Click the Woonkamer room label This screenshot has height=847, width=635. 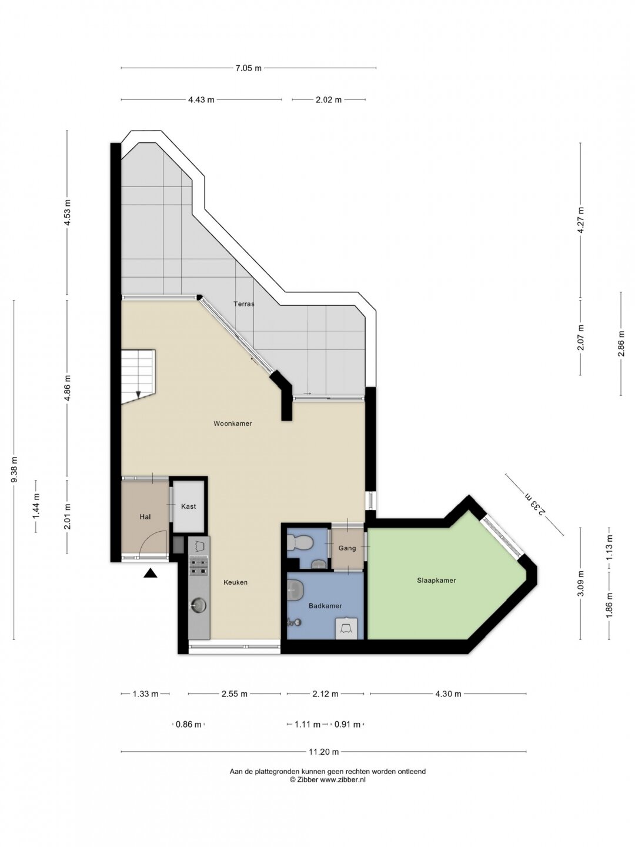tap(232, 423)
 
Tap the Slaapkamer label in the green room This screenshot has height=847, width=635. tap(436, 581)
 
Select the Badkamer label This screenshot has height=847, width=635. tap(325, 606)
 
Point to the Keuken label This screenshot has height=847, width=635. tap(235, 582)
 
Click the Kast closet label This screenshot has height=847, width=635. tap(188, 506)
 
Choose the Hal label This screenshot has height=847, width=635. tap(145, 516)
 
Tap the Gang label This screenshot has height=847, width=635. tap(347, 548)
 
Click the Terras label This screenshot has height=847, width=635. tap(243, 304)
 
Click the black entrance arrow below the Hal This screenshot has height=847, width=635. tap(151, 573)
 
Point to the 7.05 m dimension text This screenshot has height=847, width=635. tap(248, 68)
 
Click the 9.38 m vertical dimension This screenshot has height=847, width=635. tap(14, 469)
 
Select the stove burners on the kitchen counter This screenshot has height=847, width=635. tap(199, 566)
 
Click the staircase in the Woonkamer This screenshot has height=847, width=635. tap(138, 376)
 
